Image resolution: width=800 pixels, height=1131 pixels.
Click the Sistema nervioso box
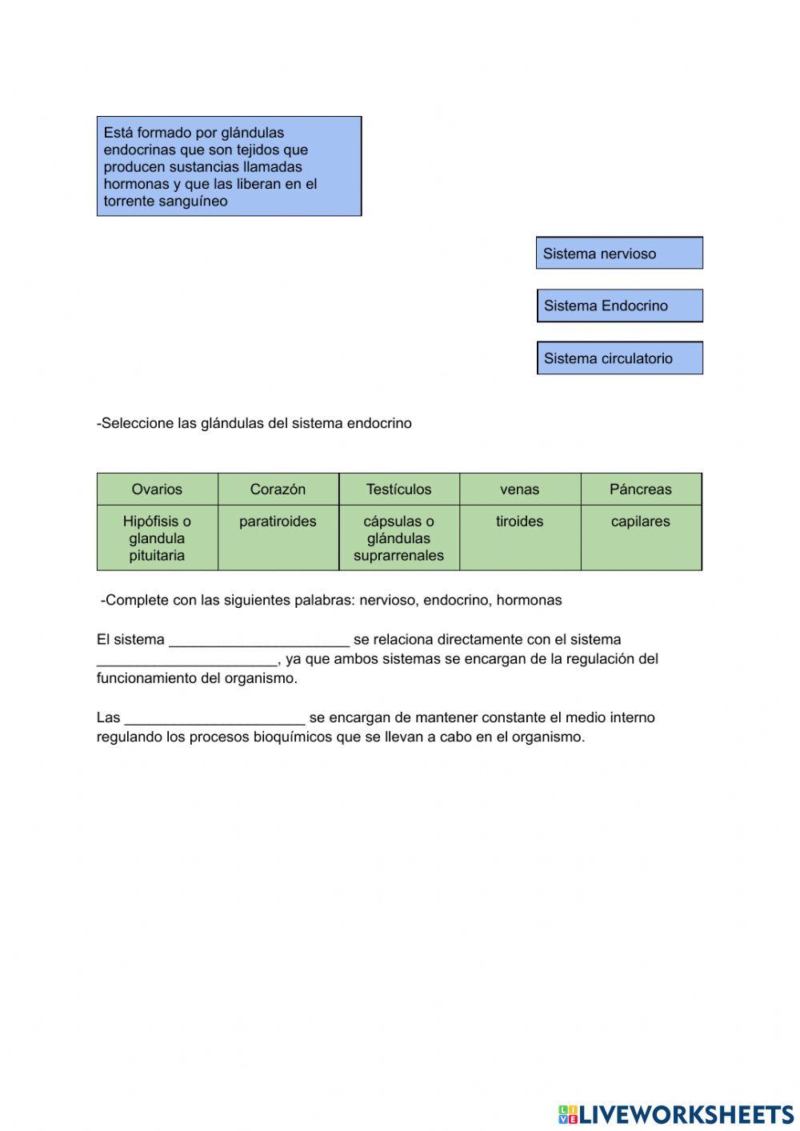(x=619, y=254)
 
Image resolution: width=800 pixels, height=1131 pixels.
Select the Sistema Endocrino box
(x=619, y=306)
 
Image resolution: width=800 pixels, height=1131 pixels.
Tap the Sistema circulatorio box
(x=619, y=358)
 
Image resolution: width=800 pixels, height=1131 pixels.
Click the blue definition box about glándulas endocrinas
(x=229, y=166)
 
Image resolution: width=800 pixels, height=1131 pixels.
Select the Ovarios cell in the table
(x=157, y=489)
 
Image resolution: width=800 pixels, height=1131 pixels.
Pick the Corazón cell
(x=278, y=489)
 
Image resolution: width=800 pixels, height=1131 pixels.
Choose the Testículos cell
(x=398, y=489)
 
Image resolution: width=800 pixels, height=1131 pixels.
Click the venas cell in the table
(x=519, y=489)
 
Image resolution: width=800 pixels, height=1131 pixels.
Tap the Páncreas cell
(x=640, y=489)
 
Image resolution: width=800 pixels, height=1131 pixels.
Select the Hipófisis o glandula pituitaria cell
(x=157, y=538)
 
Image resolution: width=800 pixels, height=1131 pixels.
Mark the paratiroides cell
(x=278, y=538)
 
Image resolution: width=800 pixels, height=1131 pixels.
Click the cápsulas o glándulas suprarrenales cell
(x=398, y=538)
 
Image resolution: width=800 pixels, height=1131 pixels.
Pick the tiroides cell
(x=519, y=538)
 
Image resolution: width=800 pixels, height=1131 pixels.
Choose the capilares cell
(x=640, y=538)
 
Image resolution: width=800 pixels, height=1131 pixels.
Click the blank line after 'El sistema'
(x=259, y=640)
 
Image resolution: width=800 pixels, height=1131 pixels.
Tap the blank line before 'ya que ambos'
(x=186, y=659)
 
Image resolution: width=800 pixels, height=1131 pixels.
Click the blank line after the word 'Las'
(x=214, y=718)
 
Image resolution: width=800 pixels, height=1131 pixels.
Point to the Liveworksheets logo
(x=675, y=1114)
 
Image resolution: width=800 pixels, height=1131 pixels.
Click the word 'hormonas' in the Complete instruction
(x=529, y=600)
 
